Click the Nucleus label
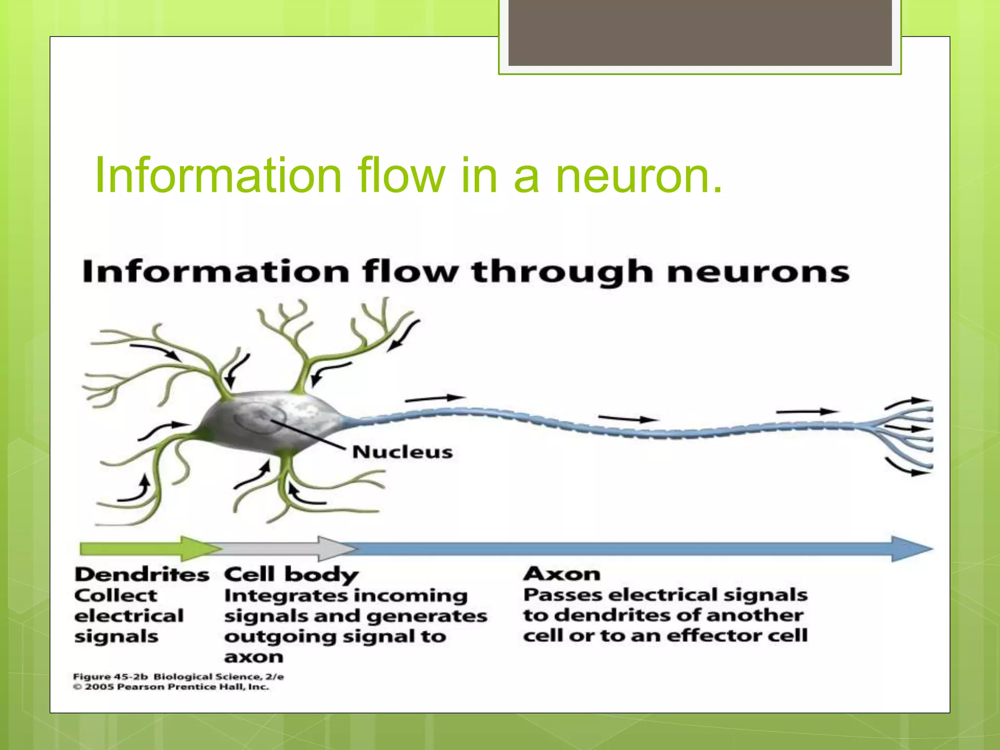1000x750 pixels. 402,452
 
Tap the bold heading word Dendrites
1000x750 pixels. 142,575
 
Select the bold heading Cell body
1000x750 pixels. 291,575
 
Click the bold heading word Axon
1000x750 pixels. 562,574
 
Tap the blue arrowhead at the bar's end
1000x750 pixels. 911,549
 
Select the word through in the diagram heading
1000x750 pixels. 562,272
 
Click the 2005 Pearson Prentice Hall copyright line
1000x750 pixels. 171,687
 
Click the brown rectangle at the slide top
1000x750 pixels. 700,32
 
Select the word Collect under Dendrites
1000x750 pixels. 116,596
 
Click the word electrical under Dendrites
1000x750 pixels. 129,616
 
